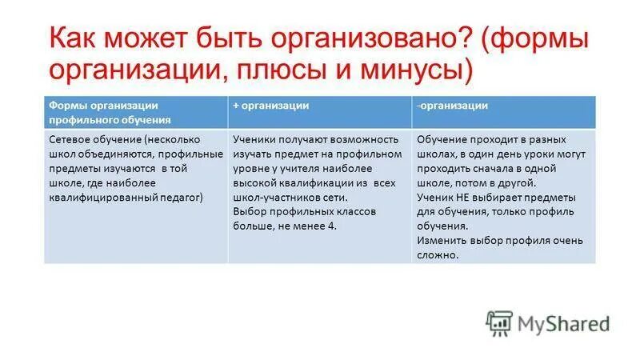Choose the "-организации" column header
[x=452, y=106]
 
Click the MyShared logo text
[x=563, y=323]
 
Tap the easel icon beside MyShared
[x=498, y=322]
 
